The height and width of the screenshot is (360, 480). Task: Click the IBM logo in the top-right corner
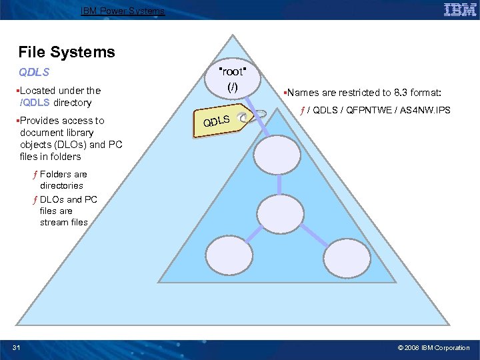click(460, 10)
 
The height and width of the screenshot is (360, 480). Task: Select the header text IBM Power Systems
click(122, 11)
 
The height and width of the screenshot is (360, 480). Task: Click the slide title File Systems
click(67, 52)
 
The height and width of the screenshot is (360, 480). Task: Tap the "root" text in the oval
click(232, 72)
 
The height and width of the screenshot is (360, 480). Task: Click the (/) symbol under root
click(232, 87)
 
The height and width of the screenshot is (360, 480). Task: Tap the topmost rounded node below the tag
click(281, 154)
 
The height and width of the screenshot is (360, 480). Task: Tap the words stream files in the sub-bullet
click(64, 222)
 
